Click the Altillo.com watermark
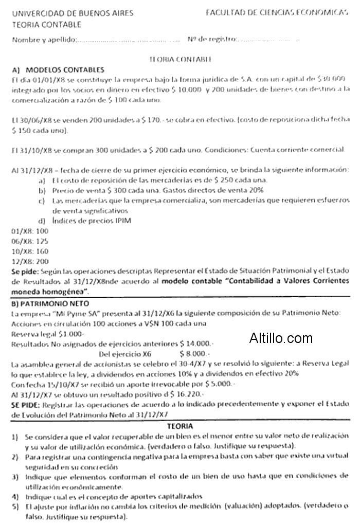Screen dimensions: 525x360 coord(281,338)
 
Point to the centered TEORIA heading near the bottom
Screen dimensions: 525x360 coord(180,426)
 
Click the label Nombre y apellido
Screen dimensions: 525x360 coord(44,40)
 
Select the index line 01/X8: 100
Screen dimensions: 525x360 coord(29,231)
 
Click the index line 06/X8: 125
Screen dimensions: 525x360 coord(29,241)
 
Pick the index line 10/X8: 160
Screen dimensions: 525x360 coord(29,251)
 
